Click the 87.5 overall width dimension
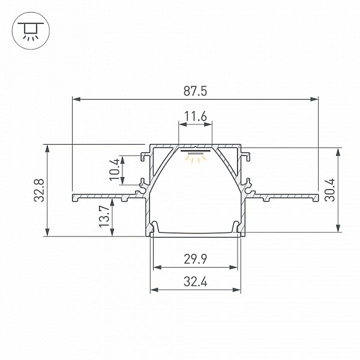pyautogui.click(x=195, y=91)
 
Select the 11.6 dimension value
pyautogui.click(x=196, y=116)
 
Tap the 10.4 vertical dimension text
pyautogui.click(x=115, y=169)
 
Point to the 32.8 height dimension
pyautogui.click(x=39, y=190)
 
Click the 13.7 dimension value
pyautogui.click(x=104, y=216)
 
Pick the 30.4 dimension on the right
pyautogui.click(x=330, y=190)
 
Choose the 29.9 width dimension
pyautogui.click(x=196, y=259)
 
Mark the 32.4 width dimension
pyautogui.click(x=196, y=282)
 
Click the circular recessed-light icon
pyautogui.click(x=31, y=31)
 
